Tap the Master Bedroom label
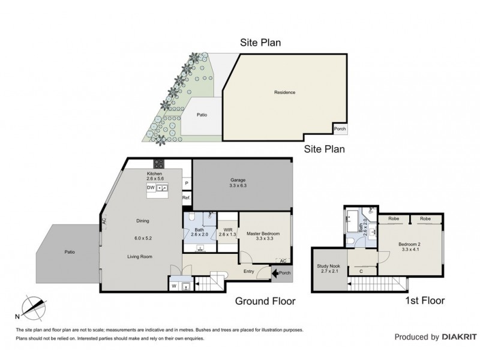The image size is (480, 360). click(263, 234)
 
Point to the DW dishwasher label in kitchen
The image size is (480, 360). click(151, 188)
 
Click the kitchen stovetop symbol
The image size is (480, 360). click(160, 164)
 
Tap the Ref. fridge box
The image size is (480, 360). click(187, 198)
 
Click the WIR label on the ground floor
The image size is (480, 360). click(227, 230)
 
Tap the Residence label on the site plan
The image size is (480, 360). click(284, 92)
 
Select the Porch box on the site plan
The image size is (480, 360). click(340, 128)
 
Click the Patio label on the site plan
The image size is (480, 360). click(202, 115)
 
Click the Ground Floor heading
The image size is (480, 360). click(264, 302)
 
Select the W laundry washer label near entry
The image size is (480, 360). click(174, 286)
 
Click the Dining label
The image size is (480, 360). click(142, 220)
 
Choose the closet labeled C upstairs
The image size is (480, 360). click(360, 271)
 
